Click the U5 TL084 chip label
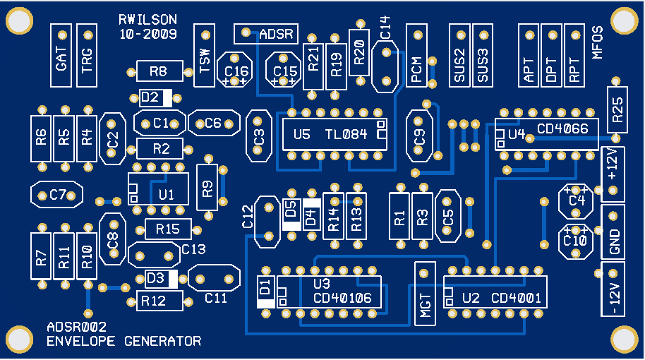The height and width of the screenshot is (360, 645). point(332,134)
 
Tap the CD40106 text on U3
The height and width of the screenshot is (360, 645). point(342,299)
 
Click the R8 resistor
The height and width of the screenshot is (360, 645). point(158,71)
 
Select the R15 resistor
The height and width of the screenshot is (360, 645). point(168,228)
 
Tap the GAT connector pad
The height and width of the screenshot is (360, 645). point(62,55)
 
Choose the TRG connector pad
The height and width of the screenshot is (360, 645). point(86,55)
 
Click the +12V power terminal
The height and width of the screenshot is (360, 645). point(613,173)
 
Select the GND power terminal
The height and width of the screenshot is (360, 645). point(613,232)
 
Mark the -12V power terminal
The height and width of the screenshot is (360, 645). point(613,289)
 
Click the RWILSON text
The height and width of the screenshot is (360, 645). point(147,20)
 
